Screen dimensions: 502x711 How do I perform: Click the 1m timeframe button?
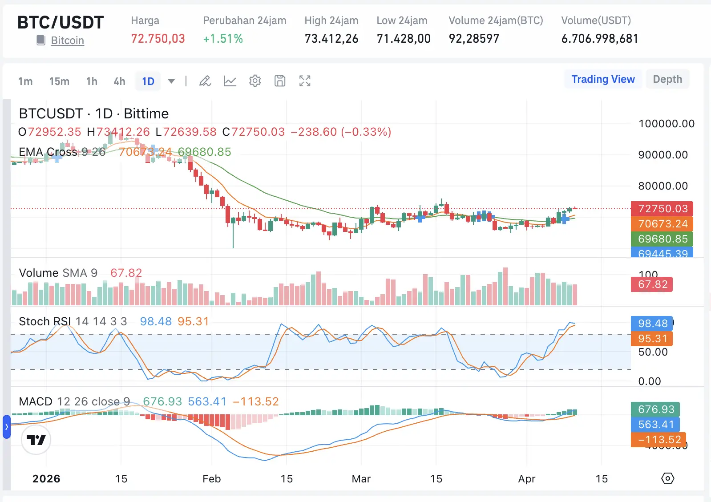pyautogui.click(x=25, y=81)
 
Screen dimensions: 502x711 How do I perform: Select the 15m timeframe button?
pyautogui.click(x=59, y=81)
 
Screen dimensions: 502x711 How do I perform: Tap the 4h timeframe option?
pyautogui.click(x=119, y=81)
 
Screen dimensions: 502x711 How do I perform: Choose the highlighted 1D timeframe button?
pyautogui.click(x=148, y=81)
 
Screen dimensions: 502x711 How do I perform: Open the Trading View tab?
pyautogui.click(x=603, y=79)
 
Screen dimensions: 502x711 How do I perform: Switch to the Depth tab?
pyautogui.click(x=667, y=79)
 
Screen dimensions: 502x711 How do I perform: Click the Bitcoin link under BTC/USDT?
pyautogui.click(x=67, y=40)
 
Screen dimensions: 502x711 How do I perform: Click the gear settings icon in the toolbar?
pyautogui.click(x=255, y=81)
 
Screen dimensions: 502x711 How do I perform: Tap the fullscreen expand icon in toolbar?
pyautogui.click(x=305, y=81)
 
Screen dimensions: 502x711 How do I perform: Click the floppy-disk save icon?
pyautogui.click(x=280, y=81)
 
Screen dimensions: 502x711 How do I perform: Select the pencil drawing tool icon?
pyautogui.click(x=205, y=81)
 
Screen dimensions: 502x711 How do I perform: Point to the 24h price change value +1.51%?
pyautogui.click(x=223, y=39)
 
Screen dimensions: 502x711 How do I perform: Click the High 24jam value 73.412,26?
pyautogui.click(x=331, y=39)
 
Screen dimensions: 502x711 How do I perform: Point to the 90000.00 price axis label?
pyautogui.click(x=663, y=155)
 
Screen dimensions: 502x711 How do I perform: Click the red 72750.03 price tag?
pyautogui.click(x=662, y=209)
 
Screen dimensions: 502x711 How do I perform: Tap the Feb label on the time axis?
pyautogui.click(x=211, y=479)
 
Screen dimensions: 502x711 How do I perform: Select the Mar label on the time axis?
pyautogui.click(x=361, y=479)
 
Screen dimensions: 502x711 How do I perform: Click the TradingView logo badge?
pyautogui.click(x=36, y=440)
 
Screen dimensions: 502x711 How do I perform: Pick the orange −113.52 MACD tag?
pyautogui.click(x=659, y=440)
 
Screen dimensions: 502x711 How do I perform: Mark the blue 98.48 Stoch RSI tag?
pyautogui.click(x=652, y=324)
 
